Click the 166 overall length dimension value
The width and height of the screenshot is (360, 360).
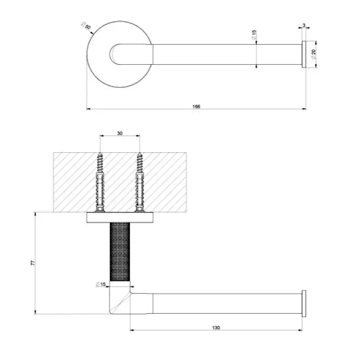pyautogui.click(x=196, y=106)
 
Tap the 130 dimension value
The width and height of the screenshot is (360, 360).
pyautogui.click(x=216, y=328)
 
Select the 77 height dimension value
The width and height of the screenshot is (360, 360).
pyautogui.click(x=33, y=263)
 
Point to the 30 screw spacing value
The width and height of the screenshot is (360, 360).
pyautogui.click(x=120, y=133)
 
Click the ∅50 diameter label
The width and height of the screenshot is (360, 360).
pyautogui.click(x=86, y=26)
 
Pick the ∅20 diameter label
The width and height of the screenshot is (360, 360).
pyautogui.click(x=313, y=55)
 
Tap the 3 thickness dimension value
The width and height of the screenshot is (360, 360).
pyautogui.click(x=304, y=25)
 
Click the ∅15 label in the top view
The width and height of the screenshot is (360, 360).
pyautogui.click(x=254, y=35)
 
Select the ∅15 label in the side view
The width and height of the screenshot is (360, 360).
pyautogui.click(x=101, y=284)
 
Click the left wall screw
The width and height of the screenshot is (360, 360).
pyautogui.click(x=100, y=182)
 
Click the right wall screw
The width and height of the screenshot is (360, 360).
pyautogui.click(x=139, y=182)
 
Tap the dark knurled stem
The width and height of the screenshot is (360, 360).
pyautogui.click(x=120, y=252)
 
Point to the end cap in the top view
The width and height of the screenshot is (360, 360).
pyautogui.click(x=304, y=55)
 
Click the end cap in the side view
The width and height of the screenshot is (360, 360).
pyautogui.click(x=304, y=303)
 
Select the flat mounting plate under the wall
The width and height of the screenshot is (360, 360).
pyautogui.click(x=120, y=218)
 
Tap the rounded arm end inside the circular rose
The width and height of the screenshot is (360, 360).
pyautogui.click(x=115, y=55)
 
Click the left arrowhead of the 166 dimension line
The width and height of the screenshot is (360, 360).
pyautogui.click(x=88, y=109)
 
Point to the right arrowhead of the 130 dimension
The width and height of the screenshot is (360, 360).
pyautogui.click(x=300, y=330)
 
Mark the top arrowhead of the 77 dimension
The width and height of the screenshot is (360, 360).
pyautogui.click(x=35, y=214)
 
